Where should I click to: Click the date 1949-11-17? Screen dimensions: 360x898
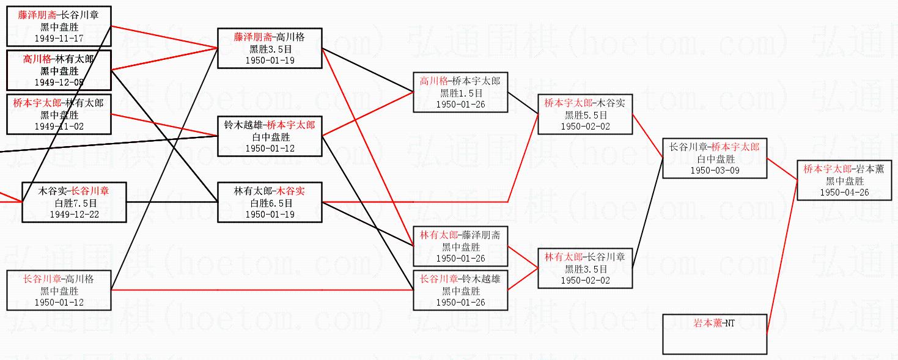coord(59,38)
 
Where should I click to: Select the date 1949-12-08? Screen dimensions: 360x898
coord(59,83)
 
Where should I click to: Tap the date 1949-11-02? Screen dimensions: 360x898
coord(59,127)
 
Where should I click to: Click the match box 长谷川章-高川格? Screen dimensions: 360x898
coord(59,290)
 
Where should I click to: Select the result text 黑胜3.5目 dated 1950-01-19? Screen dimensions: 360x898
coord(270,49)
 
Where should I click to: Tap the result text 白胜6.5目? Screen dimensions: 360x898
coord(270,203)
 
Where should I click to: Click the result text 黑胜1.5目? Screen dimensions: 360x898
coord(460,93)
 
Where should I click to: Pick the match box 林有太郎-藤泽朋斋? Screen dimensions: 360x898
coord(460,246)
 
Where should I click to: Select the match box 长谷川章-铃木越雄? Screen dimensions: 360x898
coord(460,290)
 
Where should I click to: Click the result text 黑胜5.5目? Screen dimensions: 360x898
coord(585,115)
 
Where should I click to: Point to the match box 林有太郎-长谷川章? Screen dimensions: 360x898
coord(585,268)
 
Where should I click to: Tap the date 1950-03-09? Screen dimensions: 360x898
coord(715,171)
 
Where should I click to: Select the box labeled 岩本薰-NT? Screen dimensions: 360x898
coord(715,334)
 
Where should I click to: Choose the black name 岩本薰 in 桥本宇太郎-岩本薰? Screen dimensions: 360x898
coord(870,169)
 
